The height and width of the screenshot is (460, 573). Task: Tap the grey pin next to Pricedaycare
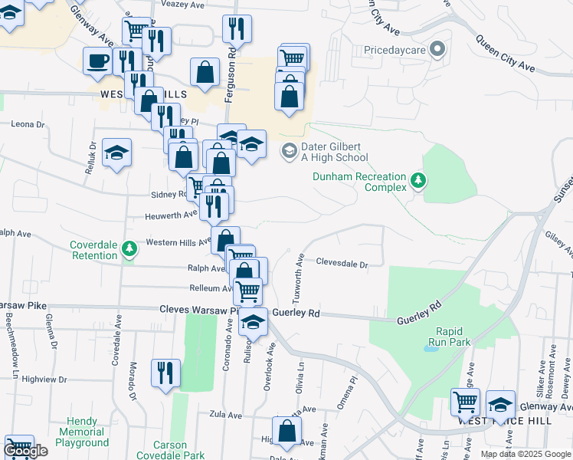[437, 51]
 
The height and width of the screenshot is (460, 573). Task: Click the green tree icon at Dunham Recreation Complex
[418, 181]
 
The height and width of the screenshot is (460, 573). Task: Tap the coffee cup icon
[98, 61]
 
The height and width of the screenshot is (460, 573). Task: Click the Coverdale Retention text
[94, 250]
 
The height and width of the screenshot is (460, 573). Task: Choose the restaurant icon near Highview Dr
[165, 373]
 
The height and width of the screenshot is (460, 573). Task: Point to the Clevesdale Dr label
[342, 264]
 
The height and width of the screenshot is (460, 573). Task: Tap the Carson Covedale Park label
[179, 450]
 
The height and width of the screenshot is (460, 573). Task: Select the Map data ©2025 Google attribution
[526, 454]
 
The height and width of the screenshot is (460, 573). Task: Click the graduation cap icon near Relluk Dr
[116, 153]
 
